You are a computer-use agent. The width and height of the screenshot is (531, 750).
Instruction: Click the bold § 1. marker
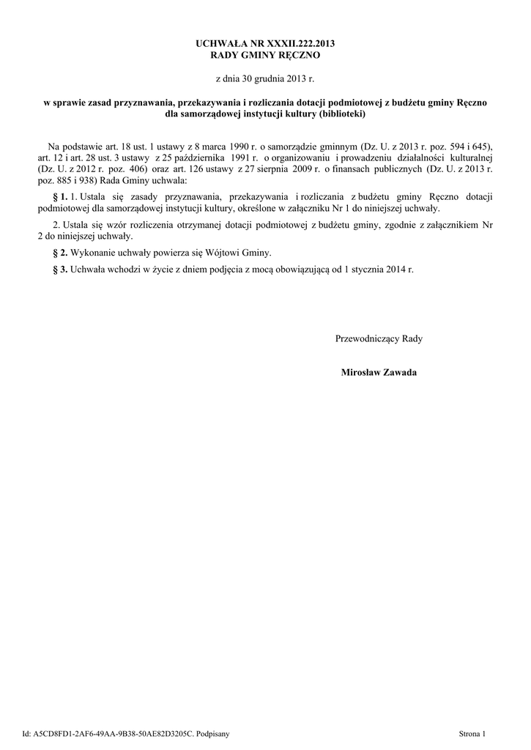tap(61, 196)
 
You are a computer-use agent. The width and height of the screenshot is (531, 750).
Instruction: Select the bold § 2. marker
tap(61, 253)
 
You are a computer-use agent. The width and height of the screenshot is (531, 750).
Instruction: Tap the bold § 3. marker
tap(61, 270)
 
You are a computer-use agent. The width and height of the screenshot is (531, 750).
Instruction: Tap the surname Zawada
tap(404, 372)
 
